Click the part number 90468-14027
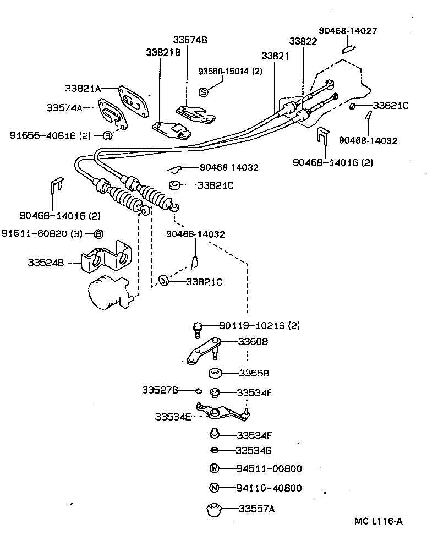coord(348,31)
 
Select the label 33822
coord(303,42)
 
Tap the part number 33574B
coord(190,40)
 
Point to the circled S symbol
coord(203,92)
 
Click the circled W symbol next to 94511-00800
coord(215,469)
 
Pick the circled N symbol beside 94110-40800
coord(215,488)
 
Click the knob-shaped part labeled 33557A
coord(212,510)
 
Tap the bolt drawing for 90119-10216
coord(198,329)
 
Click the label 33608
coord(253,342)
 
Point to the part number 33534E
coord(172,417)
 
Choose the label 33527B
coord(160,390)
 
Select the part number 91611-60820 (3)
coord(42,234)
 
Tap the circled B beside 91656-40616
coord(108,135)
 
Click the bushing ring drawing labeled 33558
coord(215,374)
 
